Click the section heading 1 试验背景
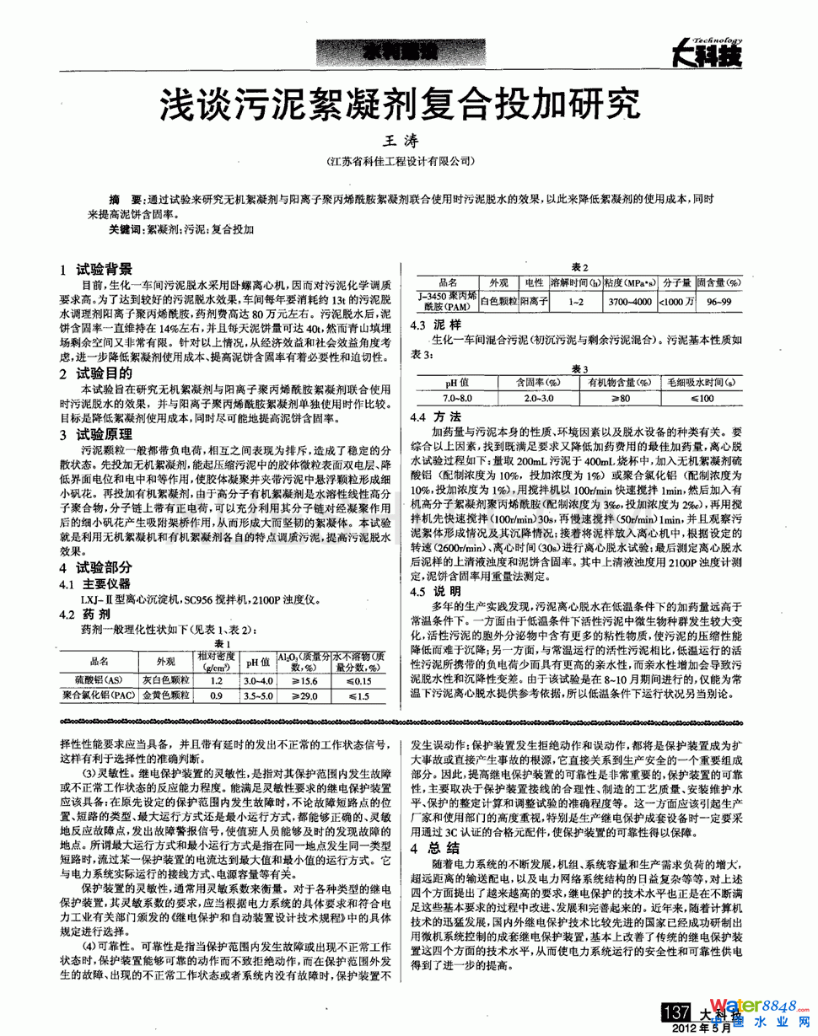[x=96, y=270]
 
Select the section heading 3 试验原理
[x=96, y=434]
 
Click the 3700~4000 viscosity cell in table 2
[x=628, y=302]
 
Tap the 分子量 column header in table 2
[x=675, y=282]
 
